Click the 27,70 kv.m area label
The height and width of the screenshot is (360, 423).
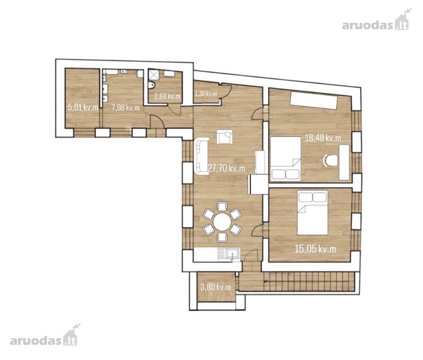pyautogui.click(x=227, y=169)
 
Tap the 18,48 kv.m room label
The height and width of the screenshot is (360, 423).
pyautogui.click(x=323, y=138)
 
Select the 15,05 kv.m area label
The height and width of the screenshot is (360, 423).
pyautogui.click(x=315, y=249)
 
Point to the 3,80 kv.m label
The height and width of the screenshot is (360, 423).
pyautogui.click(x=216, y=287)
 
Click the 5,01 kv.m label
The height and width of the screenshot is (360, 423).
pyautogui.click(x=83, y=108)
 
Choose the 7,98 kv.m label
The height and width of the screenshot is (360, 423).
pyautogui.click(x=126, y=108)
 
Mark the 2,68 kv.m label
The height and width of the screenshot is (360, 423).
pyautogui.click(x=167, y=96)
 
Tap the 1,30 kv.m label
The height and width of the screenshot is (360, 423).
pyautogui.click(x=206, y=94)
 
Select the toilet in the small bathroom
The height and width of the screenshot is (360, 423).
pyautogui.click(x=152, y=85)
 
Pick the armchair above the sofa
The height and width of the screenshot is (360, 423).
pyautogui.click(x=224, y=137)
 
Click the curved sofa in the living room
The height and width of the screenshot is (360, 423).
pyautogui.click(x=201, y=156)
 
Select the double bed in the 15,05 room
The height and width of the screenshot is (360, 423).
pyautogui.click(x=312, y=212)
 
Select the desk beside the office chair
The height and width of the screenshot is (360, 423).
pyautogui.click(x=344, y=162)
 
